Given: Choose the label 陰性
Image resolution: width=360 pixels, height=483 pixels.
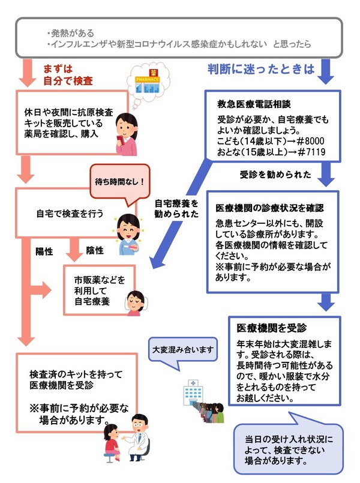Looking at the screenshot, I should (95, 250).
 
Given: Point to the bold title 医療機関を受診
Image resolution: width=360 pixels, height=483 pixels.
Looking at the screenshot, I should (263, 328).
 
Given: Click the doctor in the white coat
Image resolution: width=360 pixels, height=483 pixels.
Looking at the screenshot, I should (139, 435).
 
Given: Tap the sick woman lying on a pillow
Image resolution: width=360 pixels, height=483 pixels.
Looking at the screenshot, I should (134, 298).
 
